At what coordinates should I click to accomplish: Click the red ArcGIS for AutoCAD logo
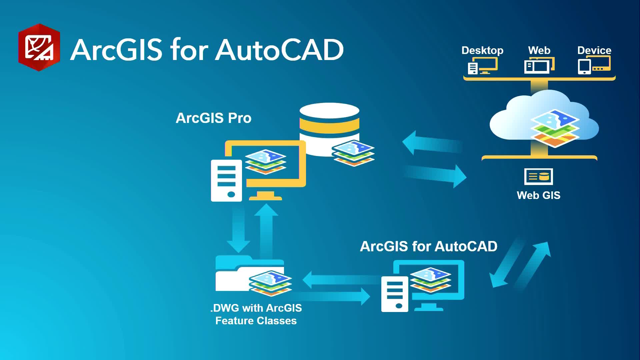(x=39, y=47)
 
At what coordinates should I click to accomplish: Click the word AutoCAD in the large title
(x=279, y=50)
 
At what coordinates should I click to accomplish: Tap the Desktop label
(x=482, y=51)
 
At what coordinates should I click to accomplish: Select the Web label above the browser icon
(x=539, y=50)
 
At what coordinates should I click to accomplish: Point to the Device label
(x=594, y=50)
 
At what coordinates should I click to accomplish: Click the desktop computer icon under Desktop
(x=483, y=66)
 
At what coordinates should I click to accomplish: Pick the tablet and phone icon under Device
(x=594, y=65)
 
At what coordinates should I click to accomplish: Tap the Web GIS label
(x=538, y=195)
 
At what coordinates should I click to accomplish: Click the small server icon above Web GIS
(x=538, y=176)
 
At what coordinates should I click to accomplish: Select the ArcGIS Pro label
(x=213, y=118)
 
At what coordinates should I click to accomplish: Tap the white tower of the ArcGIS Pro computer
(x=226, y=181)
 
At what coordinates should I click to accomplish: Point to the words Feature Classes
(x=256, y=321)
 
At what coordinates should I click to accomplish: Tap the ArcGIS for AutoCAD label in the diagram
(x=429, y=247)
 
